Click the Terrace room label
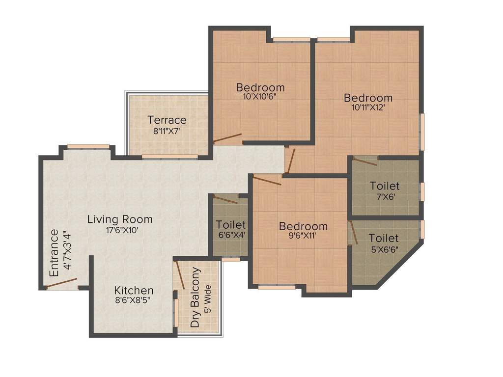(x=167, y=120)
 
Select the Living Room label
(x=120, y=219)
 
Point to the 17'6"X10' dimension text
(x=120, y=230)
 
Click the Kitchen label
(x=134, y=291)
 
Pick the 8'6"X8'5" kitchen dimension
(x=134, y=301)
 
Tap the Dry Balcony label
(x=196, y=297)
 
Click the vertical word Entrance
(x=54, y=253)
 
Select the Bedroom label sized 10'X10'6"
(x=260, y=87)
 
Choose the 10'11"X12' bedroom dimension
(x=368, y=108)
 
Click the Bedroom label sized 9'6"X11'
(x=303, y=226)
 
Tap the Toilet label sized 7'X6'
(x=385, y=186)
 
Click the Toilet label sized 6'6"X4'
(x=231, y=225)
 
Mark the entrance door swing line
(x=62, y=283)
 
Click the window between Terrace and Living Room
(x=169, y=157)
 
